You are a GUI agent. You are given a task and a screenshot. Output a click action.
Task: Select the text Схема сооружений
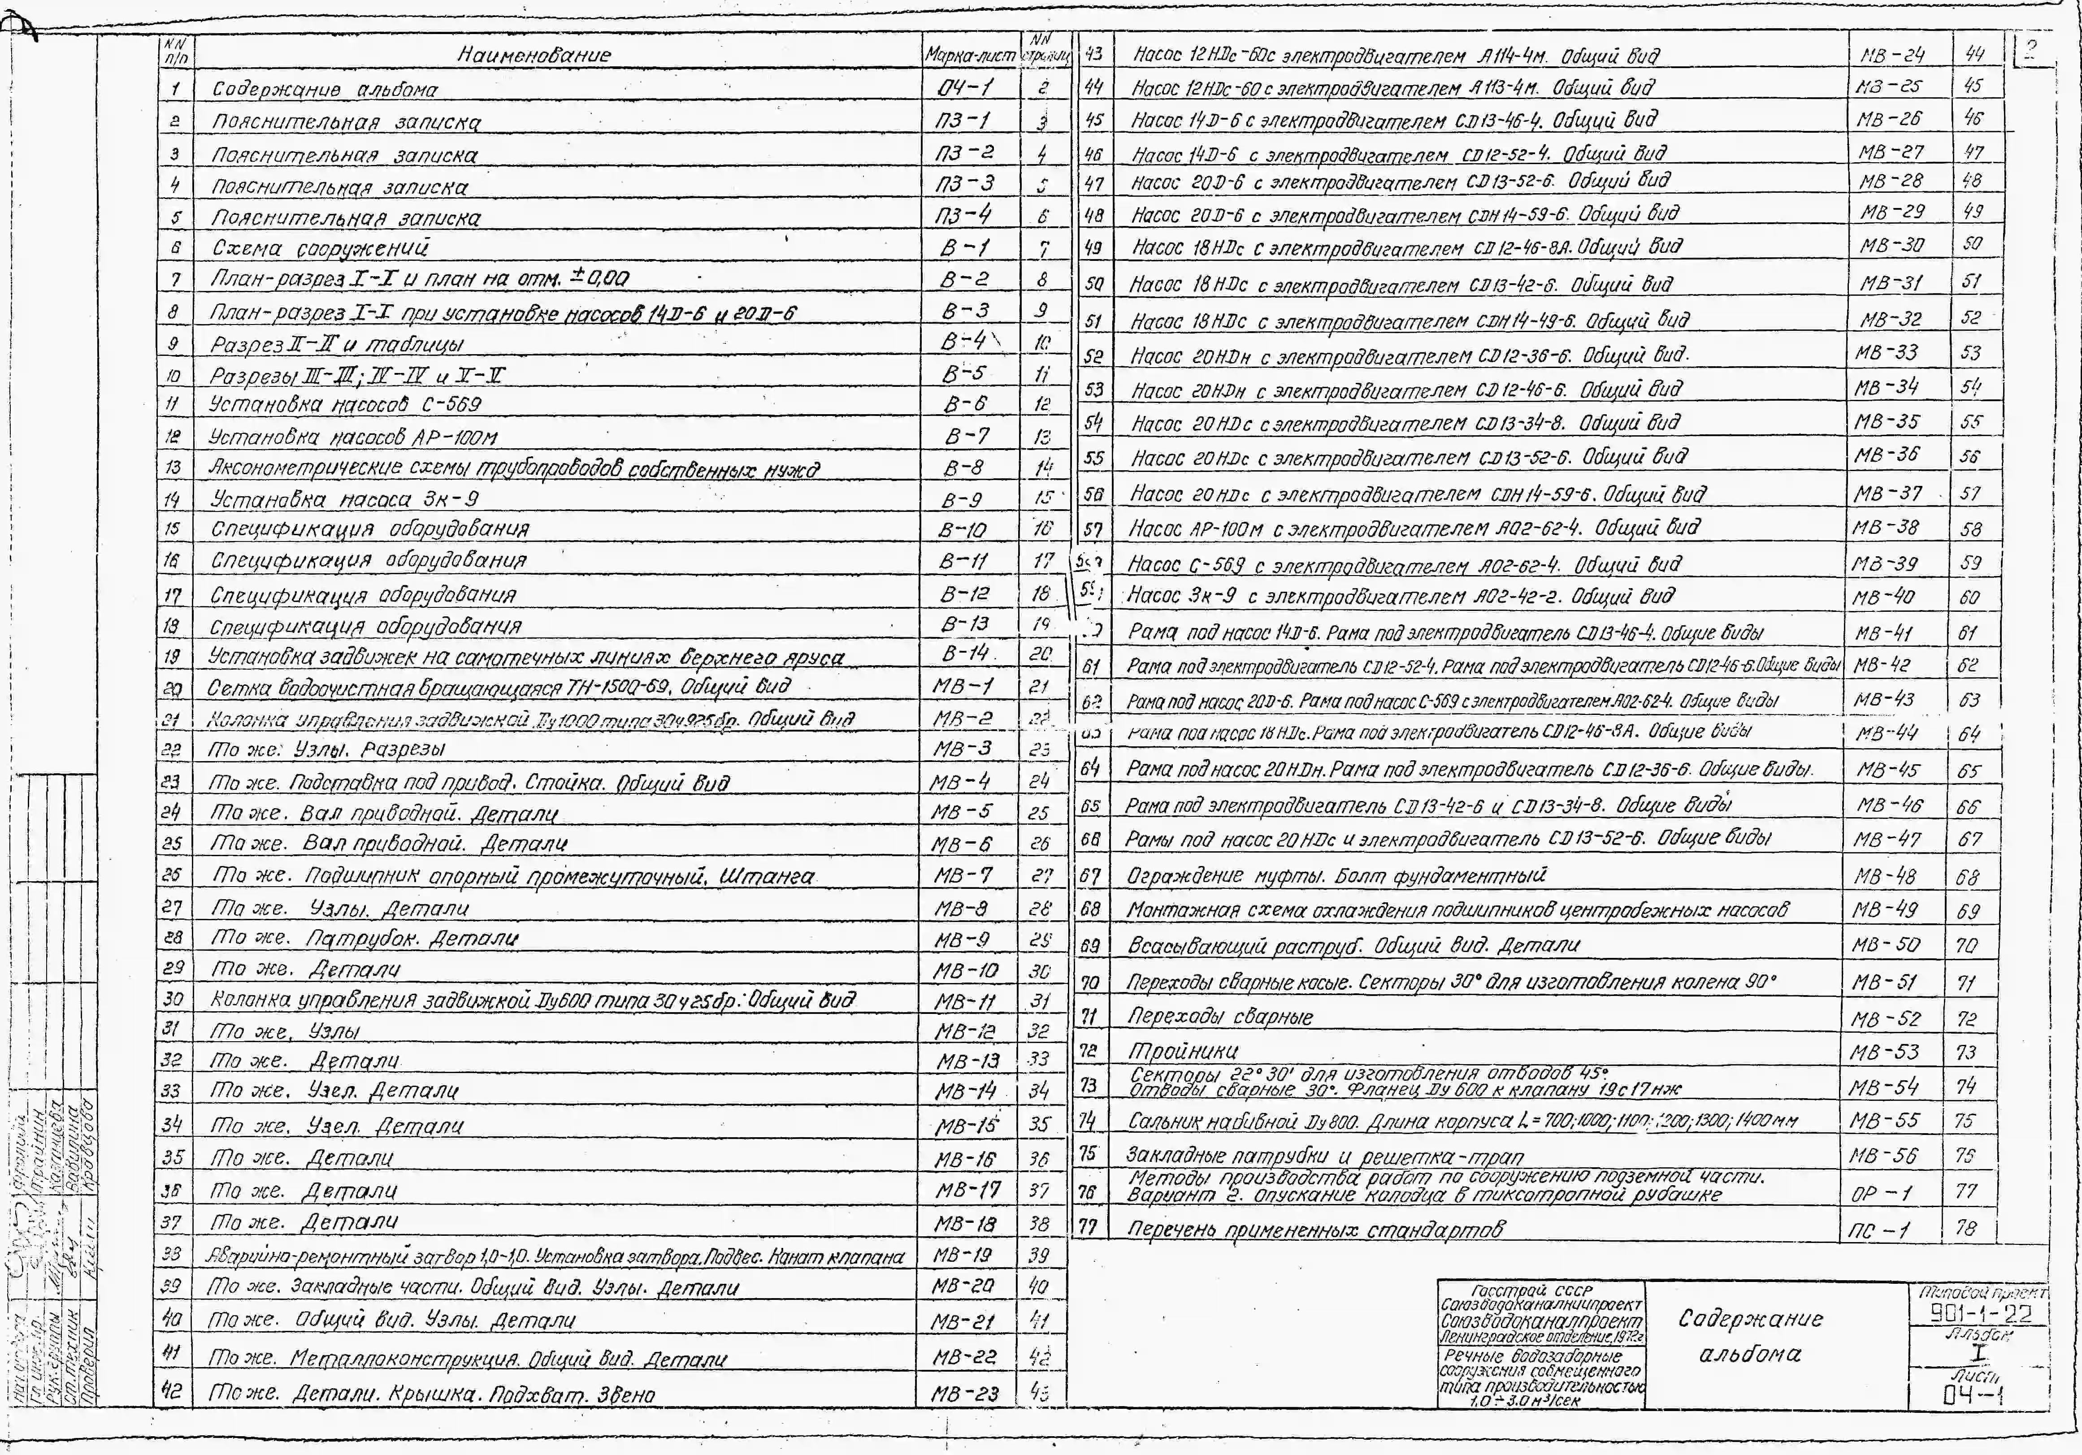(320, 247)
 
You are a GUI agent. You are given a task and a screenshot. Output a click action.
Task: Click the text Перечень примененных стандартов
(1315, 1229)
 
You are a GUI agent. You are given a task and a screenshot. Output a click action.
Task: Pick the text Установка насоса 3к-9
(345, 498)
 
